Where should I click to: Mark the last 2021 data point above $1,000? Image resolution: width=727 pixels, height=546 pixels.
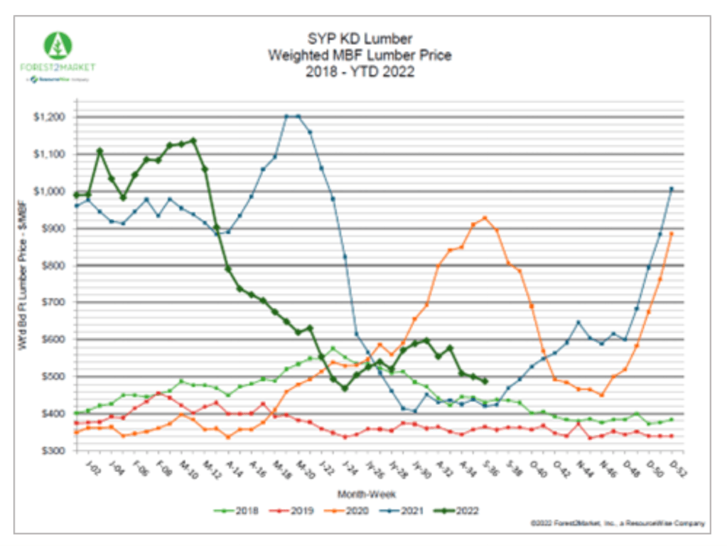[672, 189]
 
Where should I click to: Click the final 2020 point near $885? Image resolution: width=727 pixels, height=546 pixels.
[672, 233]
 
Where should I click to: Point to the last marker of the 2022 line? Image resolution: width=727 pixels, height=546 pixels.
[485, 381]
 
